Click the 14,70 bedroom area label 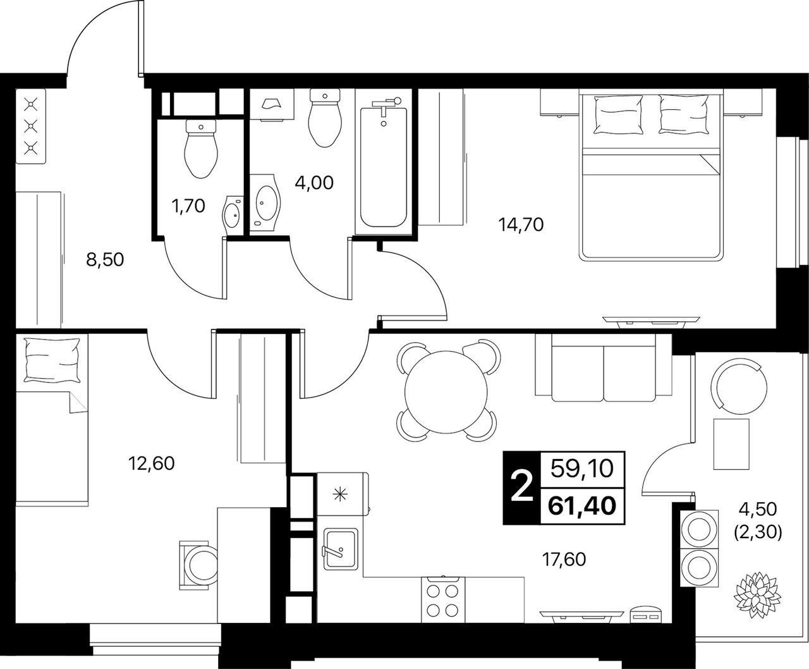pyautogui.click(x=521, y=225)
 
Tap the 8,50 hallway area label pyautogui.click(x=105, y=260)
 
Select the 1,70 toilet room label pyautogui.click(x=188, y=206)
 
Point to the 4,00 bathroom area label pyautogui.click(x=314, y=183)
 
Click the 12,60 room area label pyautogui.click(x=152, y=463)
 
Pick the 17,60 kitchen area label pyautogui.click(x=564, y=560)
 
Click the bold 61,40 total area pyautogui.click(x=582, y=506)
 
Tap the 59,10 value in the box pyautogui.click(x=582, y=469)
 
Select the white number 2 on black pyautogui.click(x=521, y=488)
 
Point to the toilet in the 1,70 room pyautogui.click(x=201, y=149)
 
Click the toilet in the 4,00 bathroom pyautogui.click(x=325, y=118)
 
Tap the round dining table pyautogui.click(x=446, y=392)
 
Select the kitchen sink pyautogui.click(x=341, y=549)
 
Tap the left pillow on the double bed pyautogui.click(x=617, y=114)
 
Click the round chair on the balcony pyautogui.click(x=738, y=386)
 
